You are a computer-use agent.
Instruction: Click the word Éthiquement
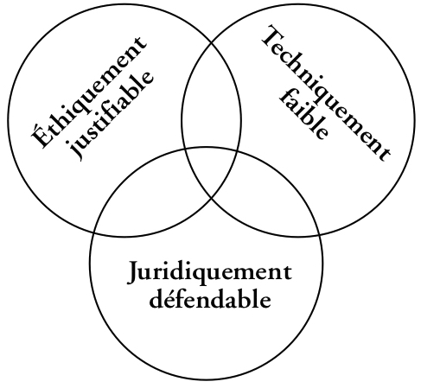click(89, 92)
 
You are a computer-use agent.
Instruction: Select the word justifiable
click(112, 115)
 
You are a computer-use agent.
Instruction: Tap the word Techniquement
click(326, 92)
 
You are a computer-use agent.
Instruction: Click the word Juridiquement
click(209, 273)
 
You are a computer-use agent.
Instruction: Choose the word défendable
click(210, 300)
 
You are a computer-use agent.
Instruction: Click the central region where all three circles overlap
click(211, 170)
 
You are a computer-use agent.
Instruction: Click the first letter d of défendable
click(157, 299)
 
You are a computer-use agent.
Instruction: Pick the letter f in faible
click(287, 97)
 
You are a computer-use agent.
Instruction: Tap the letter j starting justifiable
click(75, 150)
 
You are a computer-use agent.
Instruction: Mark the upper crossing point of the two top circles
click(211, 43)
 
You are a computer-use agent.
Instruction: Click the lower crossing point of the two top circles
click(212, 199)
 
